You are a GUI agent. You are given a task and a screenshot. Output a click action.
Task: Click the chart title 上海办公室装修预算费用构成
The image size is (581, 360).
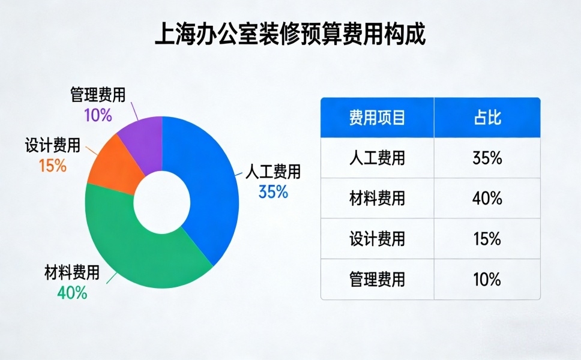290,34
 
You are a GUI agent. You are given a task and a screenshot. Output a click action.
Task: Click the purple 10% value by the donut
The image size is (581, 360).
98,115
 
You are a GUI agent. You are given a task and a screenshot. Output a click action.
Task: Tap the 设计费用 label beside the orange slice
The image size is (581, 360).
52,145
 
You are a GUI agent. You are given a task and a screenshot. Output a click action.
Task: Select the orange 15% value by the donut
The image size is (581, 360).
52,166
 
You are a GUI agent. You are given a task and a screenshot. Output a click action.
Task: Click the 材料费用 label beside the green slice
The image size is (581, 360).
72,274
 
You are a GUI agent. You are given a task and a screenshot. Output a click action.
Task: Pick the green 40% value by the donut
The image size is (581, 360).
72,293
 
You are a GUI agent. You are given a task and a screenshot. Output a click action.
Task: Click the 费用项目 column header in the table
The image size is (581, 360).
377,118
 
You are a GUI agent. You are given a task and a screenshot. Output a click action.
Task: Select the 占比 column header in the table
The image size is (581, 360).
487,118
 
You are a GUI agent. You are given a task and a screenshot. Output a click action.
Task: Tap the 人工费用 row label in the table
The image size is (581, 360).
377,158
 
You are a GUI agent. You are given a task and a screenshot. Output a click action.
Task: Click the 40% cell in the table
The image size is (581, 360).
487,199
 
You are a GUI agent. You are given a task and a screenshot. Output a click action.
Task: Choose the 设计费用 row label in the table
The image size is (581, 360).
377,239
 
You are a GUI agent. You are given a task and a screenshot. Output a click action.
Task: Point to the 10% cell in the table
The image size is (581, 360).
487,279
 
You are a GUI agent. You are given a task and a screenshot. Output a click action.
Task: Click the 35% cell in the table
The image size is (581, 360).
487,158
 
